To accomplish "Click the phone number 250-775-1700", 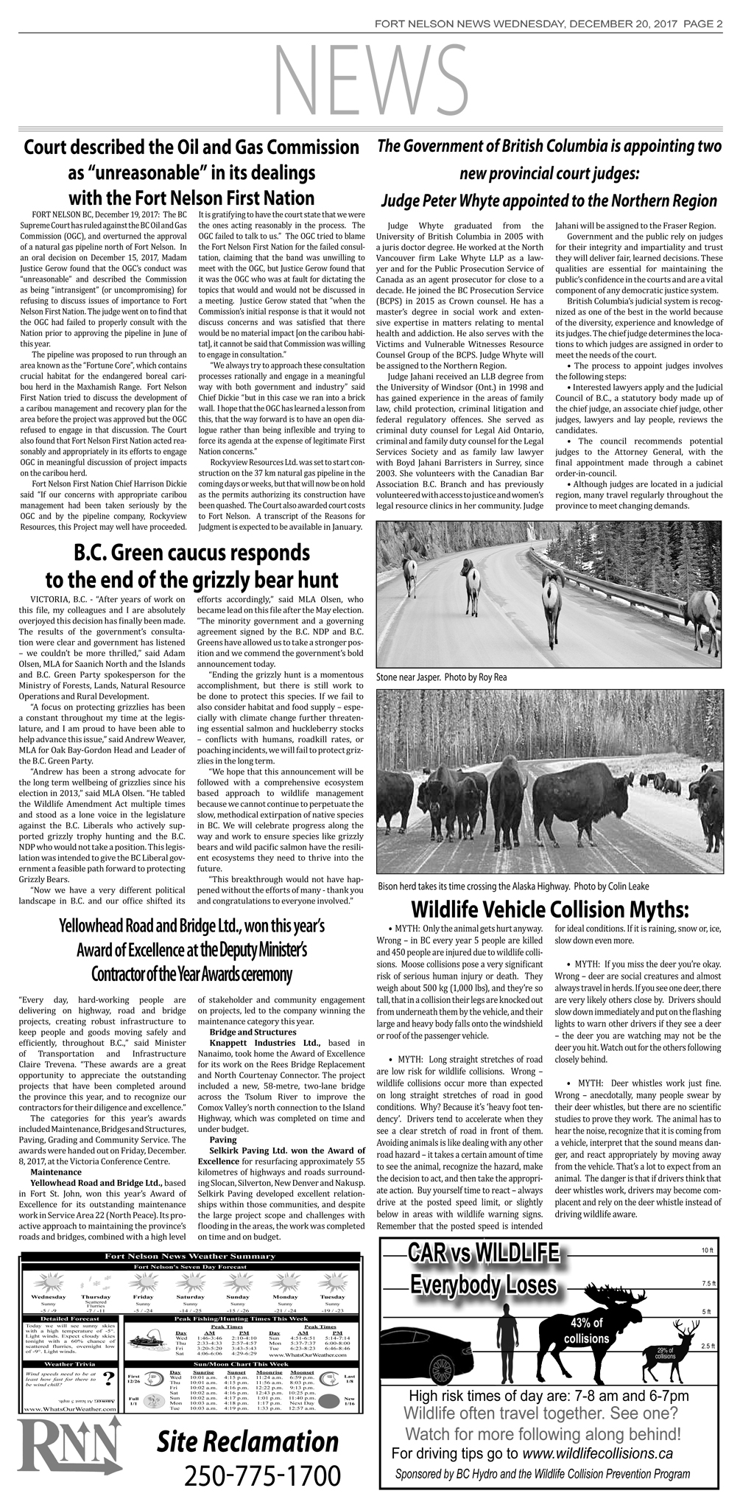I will click(262, 1476).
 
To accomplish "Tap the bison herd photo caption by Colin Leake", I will click(513, 885).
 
